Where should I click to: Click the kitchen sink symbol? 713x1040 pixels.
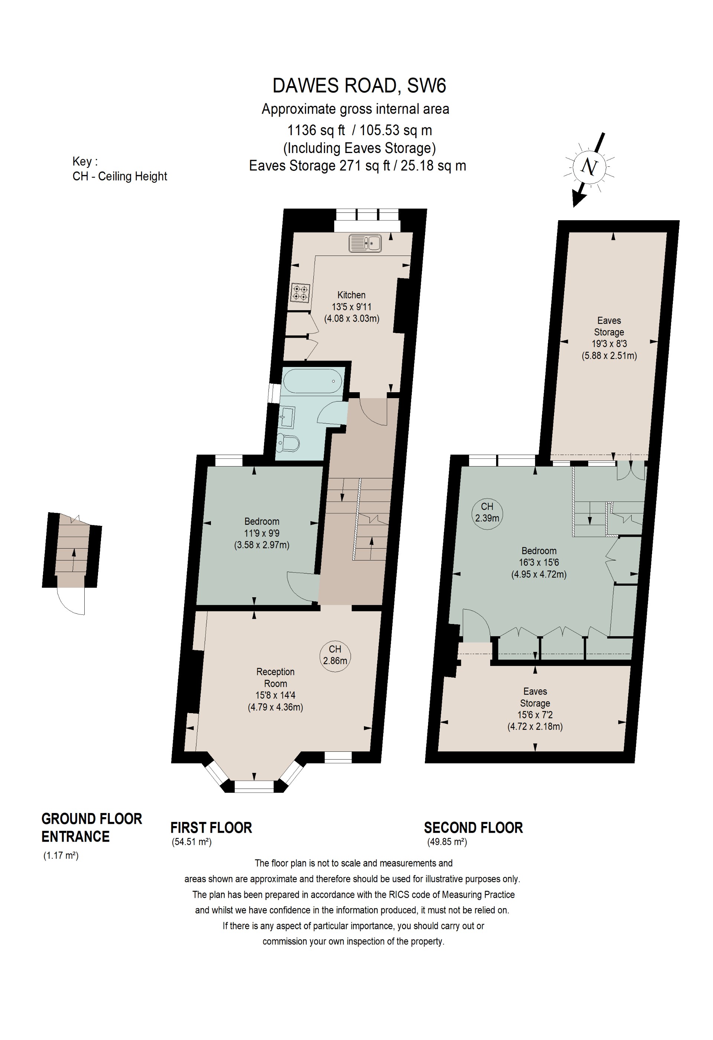tap(365, 243)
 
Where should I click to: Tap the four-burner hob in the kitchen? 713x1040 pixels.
tap(300, 293)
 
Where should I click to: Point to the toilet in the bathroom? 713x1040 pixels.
tap(289, 443)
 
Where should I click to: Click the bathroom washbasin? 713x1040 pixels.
tap(287, 417)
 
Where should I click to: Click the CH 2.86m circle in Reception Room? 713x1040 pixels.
tap(335, 655)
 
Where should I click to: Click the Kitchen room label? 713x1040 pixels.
tap(351, 295)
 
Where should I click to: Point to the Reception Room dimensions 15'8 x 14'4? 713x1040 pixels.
tap(275, 695)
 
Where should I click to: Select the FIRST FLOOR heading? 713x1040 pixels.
tap(211, 828)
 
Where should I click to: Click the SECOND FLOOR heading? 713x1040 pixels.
tap(473, 828)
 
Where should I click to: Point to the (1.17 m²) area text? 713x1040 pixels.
tap(61, 856)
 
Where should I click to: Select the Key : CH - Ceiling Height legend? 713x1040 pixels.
tap(120, 169)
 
